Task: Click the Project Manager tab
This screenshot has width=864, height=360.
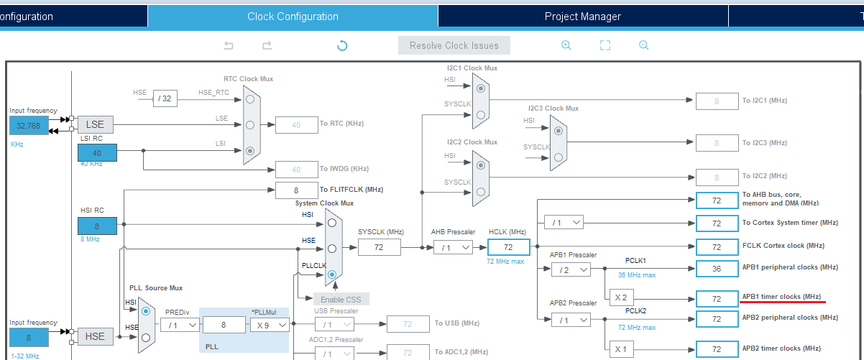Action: click(582, 16)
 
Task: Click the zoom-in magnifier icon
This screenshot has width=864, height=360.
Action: click(566, 45)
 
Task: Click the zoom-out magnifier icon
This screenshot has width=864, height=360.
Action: click(644, 45)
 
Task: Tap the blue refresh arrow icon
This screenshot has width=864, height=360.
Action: click(342, 45)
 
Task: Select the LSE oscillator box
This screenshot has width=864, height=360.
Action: click(96, 124)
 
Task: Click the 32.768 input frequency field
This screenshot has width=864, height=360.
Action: click(29, 125)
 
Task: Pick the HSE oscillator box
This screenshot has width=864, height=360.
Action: click(96, 336)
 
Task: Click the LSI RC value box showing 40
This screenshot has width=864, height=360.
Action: click(97, 152)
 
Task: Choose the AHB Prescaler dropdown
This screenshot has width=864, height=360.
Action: click(453, 247)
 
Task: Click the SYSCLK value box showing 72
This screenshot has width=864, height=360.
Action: click(380, 247)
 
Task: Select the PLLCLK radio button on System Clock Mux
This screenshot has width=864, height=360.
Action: click(331, 274)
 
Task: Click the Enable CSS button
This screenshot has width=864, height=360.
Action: click(341, 299)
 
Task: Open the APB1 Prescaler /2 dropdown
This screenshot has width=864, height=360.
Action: click(571, 269)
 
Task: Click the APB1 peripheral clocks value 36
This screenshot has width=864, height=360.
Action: click(717, 268)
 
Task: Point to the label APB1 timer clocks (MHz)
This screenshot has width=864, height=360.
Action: click(781, 296)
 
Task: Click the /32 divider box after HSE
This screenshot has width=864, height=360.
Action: click(165, 98)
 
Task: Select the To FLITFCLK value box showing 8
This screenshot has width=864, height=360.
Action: click(296, 190)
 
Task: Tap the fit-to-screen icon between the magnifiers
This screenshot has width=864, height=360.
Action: click(605, 45)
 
